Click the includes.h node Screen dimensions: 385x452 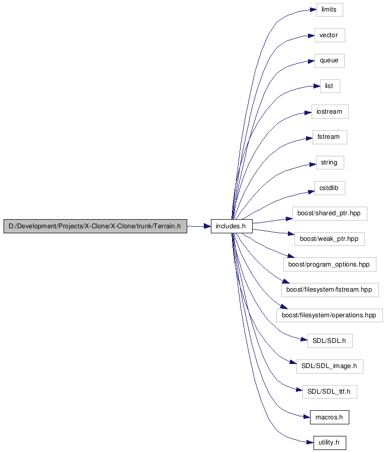pyautogui.click(x=232, y=226)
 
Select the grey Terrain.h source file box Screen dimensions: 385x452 pyautogui.click(x=95, y=226)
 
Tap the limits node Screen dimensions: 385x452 pyautogui.click(x=330, y=10)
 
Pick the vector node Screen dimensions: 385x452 pyautogui.click(x=330, y=35)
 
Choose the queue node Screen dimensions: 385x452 pyautogui.click(x=329, y=61)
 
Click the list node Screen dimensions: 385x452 pyautogui.click(x=330, y=86)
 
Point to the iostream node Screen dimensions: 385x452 pyautogui.click(x=330, y=112)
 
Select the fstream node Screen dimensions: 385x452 pyautogui.click(x=330, y=137)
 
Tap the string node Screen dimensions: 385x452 pyautogui.click(x=330, y=162)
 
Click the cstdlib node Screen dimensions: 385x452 pyautogui.click(x=330, y=188)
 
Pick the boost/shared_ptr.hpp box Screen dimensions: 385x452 pyautogui.click(x=330, y=214)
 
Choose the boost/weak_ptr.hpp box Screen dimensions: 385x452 pyautogui.click(x=329, y=239)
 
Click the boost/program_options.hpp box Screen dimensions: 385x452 pyautogui.click(x=330, y=264)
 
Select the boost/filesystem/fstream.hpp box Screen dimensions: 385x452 pyautogui.click(x=330, y=290)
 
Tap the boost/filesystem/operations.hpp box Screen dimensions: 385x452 pyautogui.click(x=330, y=315)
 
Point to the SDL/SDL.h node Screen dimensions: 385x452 pyautogui.click(x=330, y=341)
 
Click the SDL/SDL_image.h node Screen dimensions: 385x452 pyautogui.click(x=330, y=367)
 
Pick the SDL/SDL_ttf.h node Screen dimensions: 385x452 pyautogui.click(x=330, y=392)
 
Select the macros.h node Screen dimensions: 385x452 pyautogui.click(x=329, y=417)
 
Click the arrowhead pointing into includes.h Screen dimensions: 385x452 pyautogui.click(x=207, y=226)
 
